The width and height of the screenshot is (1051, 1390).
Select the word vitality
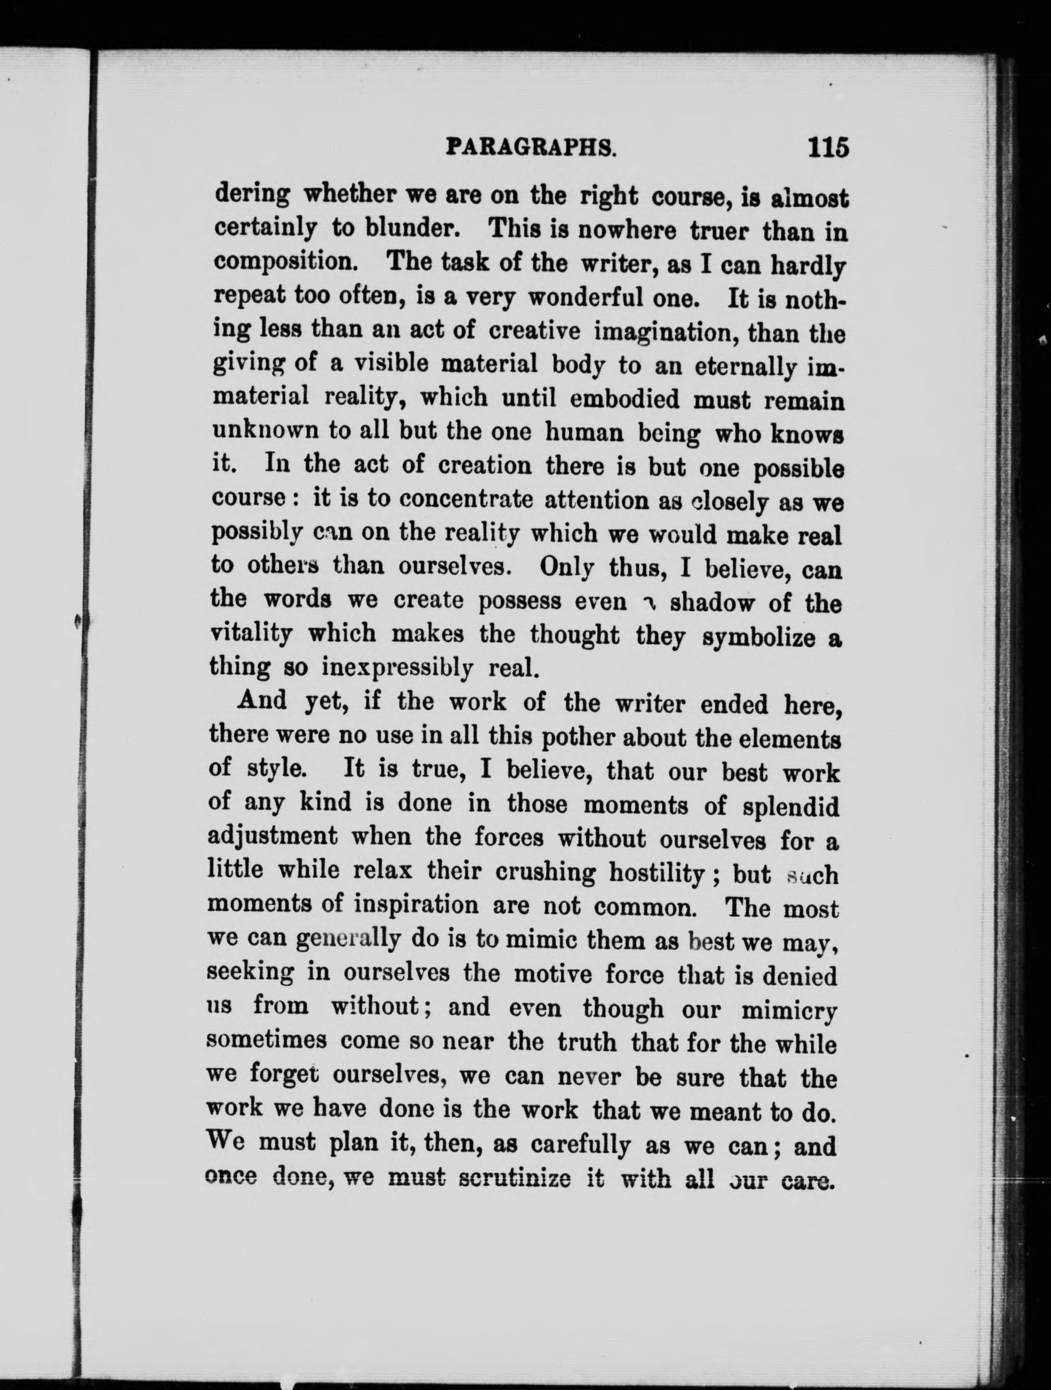(251, 634)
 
